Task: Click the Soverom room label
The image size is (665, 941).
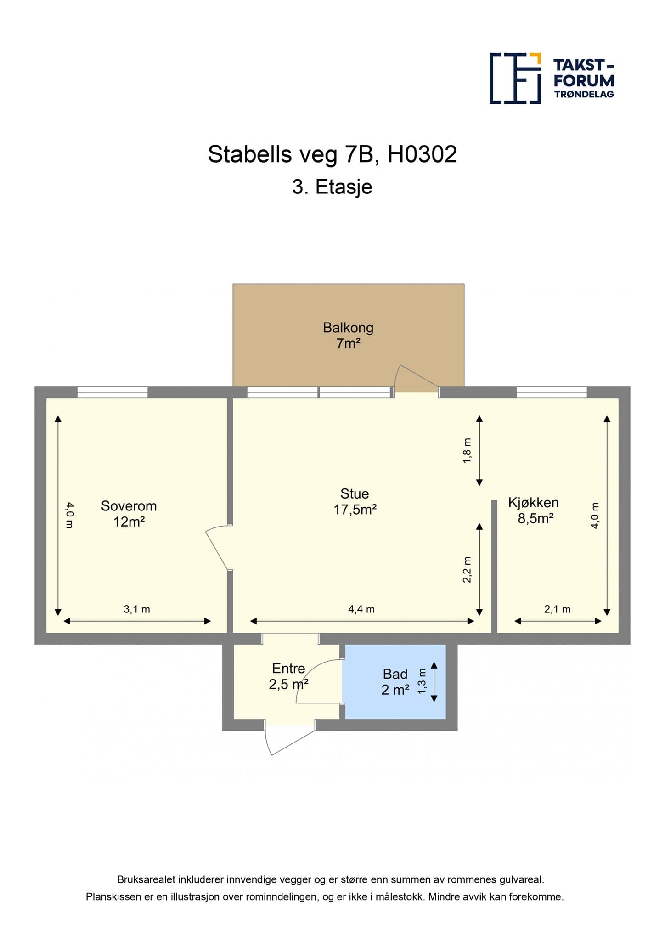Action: [x=129, y=514]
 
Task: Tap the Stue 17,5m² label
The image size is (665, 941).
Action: [x=355, y=501]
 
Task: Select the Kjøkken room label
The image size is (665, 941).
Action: [x=534, y=510]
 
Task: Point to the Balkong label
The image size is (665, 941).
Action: [x=348, y=335]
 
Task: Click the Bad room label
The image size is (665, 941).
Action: [x=395, y=682]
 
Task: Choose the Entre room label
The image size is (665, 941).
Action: [x=288, y=676]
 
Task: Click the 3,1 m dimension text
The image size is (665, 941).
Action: [x=137, y=609]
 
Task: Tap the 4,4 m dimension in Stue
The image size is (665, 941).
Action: [x=361, y=609]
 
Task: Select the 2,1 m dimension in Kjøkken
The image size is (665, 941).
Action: [x=558, y=609]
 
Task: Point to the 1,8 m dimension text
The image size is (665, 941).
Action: [x=467, y=451]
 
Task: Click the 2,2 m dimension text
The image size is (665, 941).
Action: [x=467, y=570]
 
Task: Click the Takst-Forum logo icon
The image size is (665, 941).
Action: [x=515, y=79]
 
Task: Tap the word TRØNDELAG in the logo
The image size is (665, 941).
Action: [x=584, y=94]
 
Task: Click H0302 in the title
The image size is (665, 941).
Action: [x=423, y=154]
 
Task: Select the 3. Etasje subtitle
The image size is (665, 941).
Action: [x=332, y=187]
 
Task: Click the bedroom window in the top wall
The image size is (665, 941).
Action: [x=113, y=392]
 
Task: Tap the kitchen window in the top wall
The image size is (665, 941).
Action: [x=552, y=392]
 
